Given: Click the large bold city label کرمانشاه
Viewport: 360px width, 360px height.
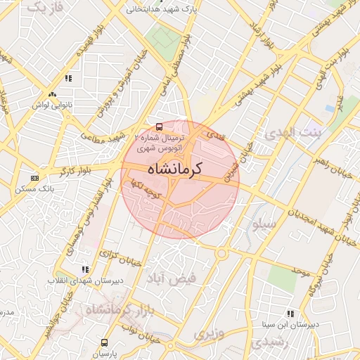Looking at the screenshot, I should click(175, 169).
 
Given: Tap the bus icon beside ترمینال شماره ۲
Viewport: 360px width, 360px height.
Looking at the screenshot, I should click(160, 127).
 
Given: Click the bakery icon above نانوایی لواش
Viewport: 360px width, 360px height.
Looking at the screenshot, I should click(52, 95).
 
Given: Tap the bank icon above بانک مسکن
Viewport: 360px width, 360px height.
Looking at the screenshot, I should click(34, 179).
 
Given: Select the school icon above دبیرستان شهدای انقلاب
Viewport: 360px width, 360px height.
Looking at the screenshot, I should click(85, 269).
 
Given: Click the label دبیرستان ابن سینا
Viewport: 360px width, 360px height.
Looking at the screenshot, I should click(291, 325).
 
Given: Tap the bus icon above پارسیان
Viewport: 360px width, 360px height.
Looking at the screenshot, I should click(105, 343).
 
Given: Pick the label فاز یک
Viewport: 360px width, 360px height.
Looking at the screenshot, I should click(47, 8).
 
